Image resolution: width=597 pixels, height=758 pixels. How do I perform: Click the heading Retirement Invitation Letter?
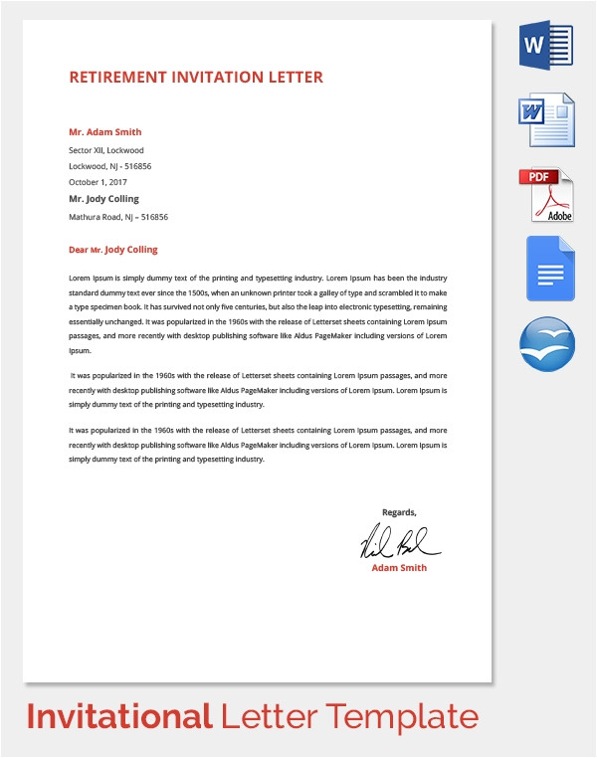(196, 78)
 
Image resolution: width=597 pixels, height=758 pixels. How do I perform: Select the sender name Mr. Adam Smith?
(104, 132)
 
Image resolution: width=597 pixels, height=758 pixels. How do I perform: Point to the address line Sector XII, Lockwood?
(106, 150)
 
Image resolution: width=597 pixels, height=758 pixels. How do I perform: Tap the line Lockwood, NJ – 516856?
(109, 166)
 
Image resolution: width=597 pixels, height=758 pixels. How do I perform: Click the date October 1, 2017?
(98, 182)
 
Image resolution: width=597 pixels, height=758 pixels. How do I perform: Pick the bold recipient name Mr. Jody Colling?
(103, 199)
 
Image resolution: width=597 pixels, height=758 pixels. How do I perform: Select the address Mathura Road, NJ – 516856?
(117, 216)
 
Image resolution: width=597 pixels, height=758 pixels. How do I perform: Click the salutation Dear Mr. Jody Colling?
(112, 250)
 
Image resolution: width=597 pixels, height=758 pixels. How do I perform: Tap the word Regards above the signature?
(399, 512)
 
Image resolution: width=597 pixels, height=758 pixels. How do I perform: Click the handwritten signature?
(399, 541)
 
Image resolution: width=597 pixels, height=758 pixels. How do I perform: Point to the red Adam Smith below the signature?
(399, 568)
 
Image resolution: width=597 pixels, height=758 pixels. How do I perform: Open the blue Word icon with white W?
(546, 45)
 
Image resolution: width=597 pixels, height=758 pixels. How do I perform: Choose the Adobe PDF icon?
(546, 195)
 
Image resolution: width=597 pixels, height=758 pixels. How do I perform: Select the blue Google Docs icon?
(550, 269)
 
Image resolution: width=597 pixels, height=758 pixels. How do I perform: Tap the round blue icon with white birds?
(547, 344)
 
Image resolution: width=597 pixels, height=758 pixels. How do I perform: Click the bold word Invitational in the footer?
(118, 715)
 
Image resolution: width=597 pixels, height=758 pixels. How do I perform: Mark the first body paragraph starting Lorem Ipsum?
(258, 314)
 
